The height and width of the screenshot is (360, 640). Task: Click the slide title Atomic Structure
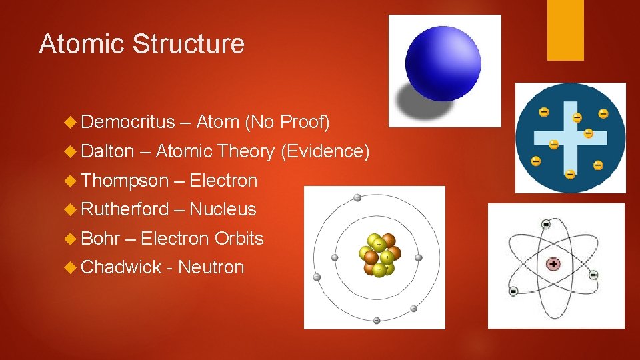coord(141,44)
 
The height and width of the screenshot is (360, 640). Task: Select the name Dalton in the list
coord(107,151)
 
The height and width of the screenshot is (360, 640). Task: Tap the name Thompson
coord(125,181)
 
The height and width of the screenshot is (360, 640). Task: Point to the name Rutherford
coord(125,209)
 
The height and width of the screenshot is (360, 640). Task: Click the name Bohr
coord(98,239)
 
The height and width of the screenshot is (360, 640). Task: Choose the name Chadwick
coord(121,267)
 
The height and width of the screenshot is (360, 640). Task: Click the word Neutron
coord(211,267)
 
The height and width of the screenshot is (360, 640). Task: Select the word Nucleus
coord(223,209)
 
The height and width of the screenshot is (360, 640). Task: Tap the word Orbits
coord(239,239)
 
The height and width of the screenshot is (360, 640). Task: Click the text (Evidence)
coord(325,152)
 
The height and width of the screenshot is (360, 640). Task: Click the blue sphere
coord(442,62)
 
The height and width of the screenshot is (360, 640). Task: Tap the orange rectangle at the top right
coord(565,30)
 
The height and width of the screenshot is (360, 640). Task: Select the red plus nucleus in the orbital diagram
coord(553,264)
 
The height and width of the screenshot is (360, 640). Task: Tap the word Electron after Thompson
coord(223,181)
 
